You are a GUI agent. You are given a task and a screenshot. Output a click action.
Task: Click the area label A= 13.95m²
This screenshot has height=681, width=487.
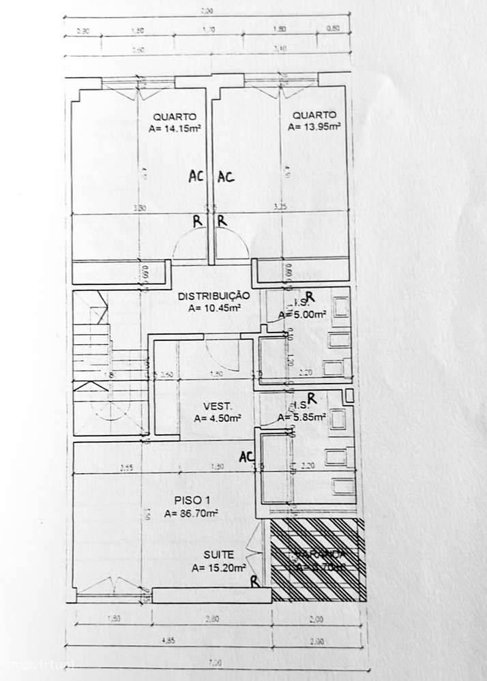[x=314, y=126]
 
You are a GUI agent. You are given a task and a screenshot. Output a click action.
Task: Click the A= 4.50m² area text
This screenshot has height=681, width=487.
[x=214, y=419]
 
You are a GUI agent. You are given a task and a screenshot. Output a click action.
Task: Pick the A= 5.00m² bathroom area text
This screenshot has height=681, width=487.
[x=301, y=315]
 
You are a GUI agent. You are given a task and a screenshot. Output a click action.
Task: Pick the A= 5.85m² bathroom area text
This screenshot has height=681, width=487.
[x=302, y=417]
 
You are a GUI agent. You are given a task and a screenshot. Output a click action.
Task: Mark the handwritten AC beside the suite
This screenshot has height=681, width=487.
[x=247, y=457]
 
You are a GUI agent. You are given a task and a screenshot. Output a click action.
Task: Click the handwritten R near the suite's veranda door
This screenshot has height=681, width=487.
[x=254, y=581]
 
